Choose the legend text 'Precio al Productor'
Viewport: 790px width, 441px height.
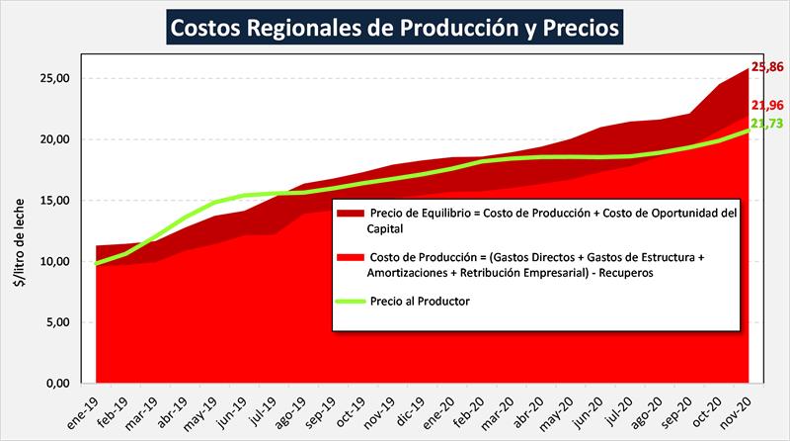[421, 301]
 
